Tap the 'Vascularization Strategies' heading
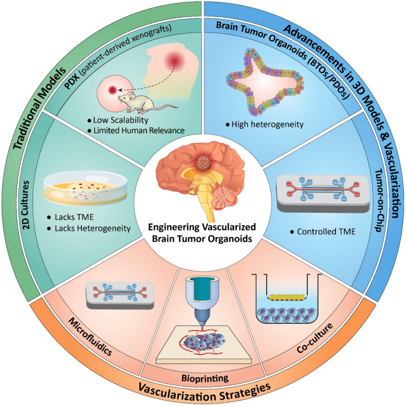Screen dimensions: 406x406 coord(203,392)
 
